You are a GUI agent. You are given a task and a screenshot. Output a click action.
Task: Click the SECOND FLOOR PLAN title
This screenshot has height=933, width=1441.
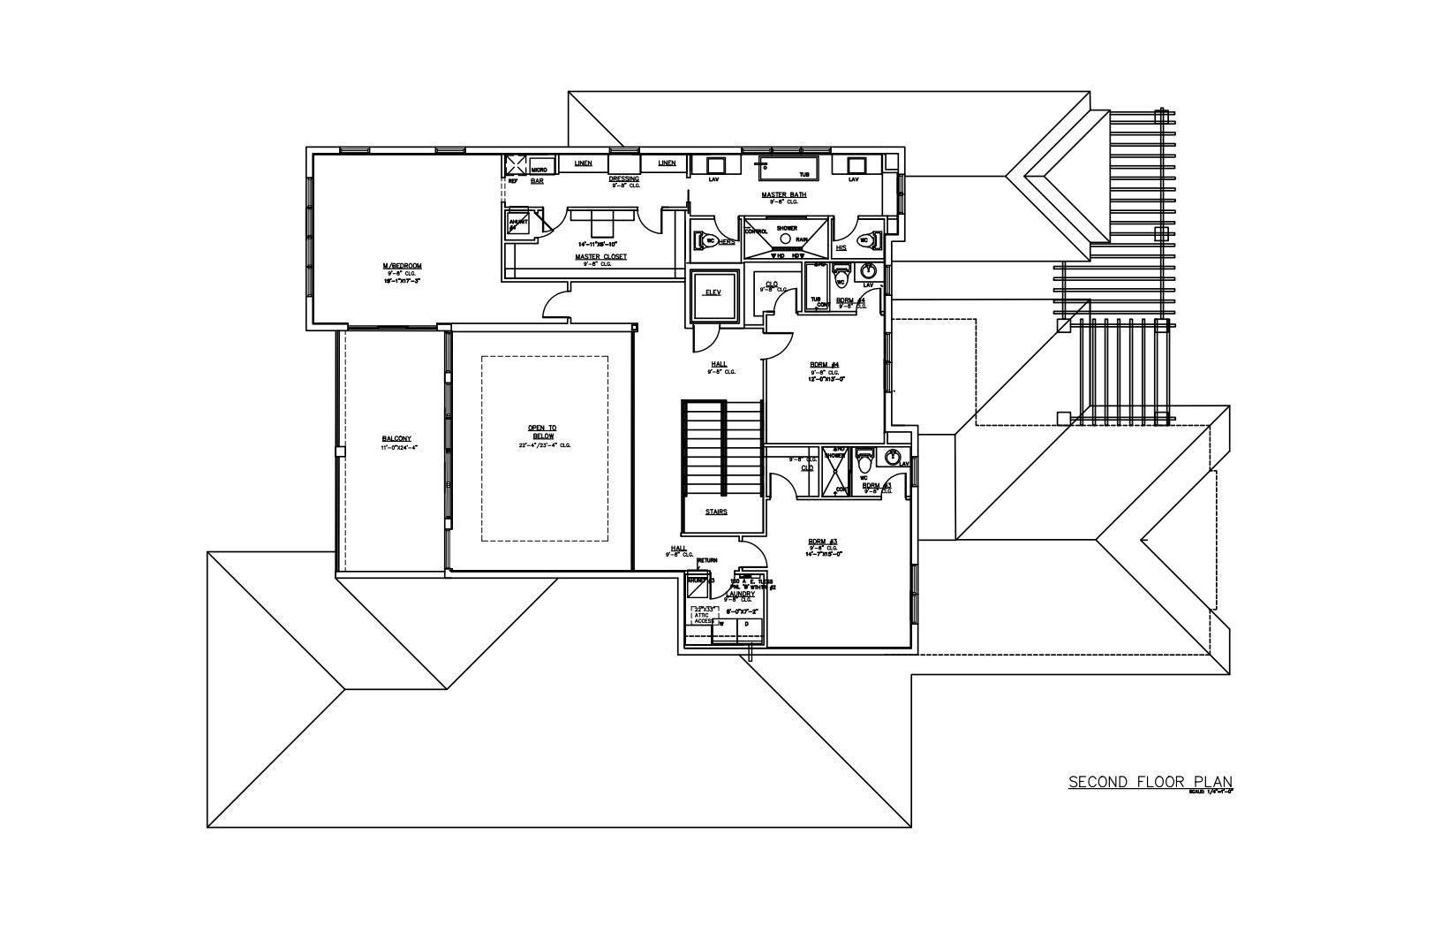pos(1150,782)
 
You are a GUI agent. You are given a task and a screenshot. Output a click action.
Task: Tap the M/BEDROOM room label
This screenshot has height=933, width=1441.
pos(402,266)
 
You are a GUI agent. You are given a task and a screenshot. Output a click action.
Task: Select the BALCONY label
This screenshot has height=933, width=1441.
pos(396,439)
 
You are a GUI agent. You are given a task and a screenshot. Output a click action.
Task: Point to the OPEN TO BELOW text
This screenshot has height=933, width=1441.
pos(542,432)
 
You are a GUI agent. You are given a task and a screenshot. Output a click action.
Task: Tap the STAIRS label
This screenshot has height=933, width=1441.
pos(716,512)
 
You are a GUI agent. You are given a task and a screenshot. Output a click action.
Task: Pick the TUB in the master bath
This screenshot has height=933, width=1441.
pos(788,167)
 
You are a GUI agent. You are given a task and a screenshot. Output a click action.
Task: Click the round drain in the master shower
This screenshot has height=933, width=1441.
pos(785,239)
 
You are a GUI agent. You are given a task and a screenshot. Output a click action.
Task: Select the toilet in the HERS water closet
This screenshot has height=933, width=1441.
pos(708,239)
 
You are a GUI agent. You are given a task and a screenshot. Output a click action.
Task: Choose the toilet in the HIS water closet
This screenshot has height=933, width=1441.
pos(864,239)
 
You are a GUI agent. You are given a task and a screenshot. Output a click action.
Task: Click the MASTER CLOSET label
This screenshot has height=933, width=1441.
pos(600,257)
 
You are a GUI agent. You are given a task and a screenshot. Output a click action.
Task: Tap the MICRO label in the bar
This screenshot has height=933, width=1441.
pos(539,169)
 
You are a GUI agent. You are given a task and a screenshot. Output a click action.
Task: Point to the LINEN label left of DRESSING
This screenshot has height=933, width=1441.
pos(583,163)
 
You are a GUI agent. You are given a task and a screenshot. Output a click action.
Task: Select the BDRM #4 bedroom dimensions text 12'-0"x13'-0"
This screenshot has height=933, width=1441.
pos(827,379)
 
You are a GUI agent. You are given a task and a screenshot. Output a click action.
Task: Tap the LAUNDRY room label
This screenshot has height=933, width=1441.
pos(740,594)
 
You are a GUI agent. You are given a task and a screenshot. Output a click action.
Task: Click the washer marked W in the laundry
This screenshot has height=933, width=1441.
pos(722,624)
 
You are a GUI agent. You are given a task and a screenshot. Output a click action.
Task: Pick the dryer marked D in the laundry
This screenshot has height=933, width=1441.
pos(747,624)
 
